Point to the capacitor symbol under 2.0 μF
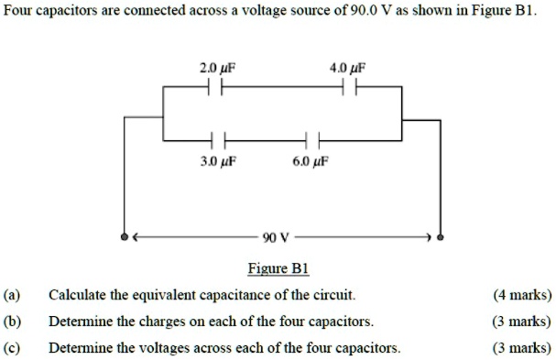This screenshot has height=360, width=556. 214,87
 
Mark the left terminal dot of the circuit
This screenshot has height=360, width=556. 125,237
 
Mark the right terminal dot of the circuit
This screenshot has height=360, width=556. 441,237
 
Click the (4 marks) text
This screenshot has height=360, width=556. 521,295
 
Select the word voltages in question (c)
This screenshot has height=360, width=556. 150,348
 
